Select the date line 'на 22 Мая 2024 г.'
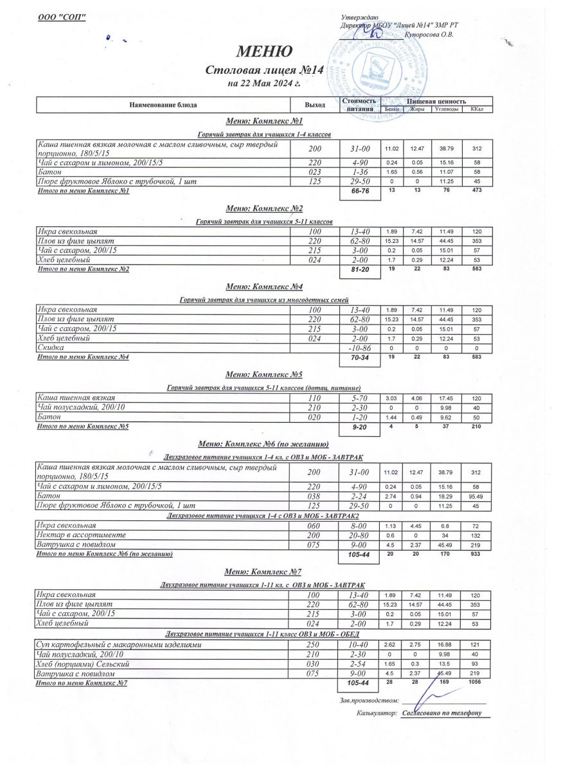pyautogui.click(x=264, y=83)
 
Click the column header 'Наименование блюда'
pyautogui.click(x=163, y=105)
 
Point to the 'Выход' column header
pyautogui.click(x=315, y=105)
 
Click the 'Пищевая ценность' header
pyautogui.click(x=436, y=101)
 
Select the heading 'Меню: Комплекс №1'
pyautogui.click(x=264, y=121)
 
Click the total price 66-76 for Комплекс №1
pyautogui.click(x=360, y=191)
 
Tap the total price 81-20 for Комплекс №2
pyautogui.click(x=360, y=270)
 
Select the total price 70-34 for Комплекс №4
pyautogui.click(x=360, y=357)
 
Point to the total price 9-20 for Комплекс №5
pyautogui.click(x=360, y=427)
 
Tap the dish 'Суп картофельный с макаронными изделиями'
pyautogui.click(x=120, y=644)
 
